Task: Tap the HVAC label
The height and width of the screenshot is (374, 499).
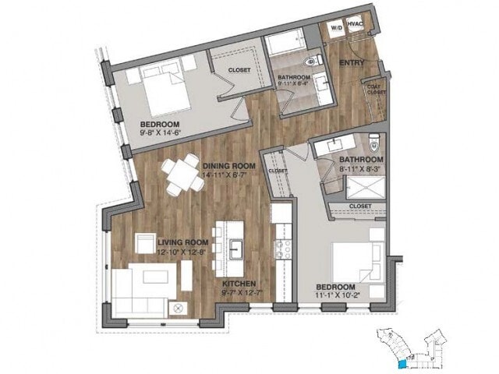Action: click(354, 25)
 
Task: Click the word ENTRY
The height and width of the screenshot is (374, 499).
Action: click(352, 62)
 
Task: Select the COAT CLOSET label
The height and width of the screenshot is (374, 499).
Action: click(376, 89)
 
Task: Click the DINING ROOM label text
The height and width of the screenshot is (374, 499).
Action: click(229, 165)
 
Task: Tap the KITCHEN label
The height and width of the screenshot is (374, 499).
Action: click(239, 284)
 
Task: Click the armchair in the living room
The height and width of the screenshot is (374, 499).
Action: click(146, 243)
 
